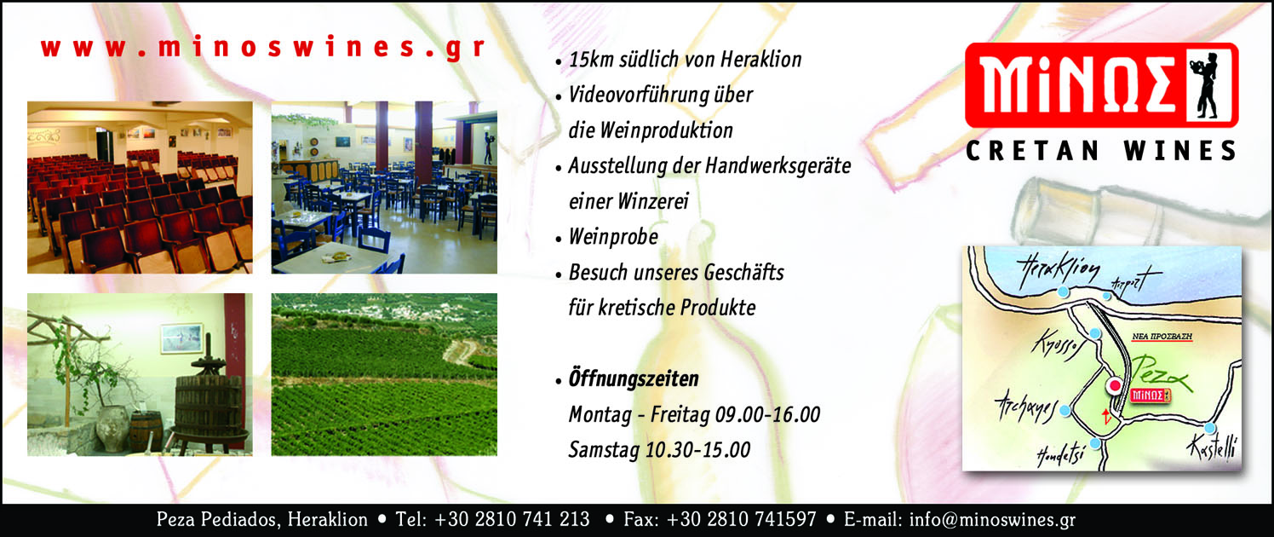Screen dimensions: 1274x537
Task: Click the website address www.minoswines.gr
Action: click(x=263, y=48)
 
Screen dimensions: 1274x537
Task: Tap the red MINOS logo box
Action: click(x=1102, y=85)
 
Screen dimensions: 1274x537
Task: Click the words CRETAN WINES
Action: click(x=1101, y=151)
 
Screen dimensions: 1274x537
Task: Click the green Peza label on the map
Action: click(x=1160, y=373)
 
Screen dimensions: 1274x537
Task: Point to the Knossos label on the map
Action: click(x=1057, y=344)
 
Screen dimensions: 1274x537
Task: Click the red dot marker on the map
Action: click(x=1115, y=385)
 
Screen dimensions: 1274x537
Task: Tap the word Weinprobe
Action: click(x=614, y=237)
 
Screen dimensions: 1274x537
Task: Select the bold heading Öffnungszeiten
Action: click(x=634, y=379)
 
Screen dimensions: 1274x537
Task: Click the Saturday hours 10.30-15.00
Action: click(x=697, y=450)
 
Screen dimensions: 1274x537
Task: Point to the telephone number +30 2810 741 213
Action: click(x=511, y=519)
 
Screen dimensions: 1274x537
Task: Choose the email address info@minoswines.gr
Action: click(x=992, y=520)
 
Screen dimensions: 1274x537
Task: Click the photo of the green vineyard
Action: click(x=384, y=374)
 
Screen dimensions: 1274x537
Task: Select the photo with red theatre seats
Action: click(x=140, y=188)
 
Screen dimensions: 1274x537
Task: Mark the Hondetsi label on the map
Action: click(x=1061, y=455)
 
